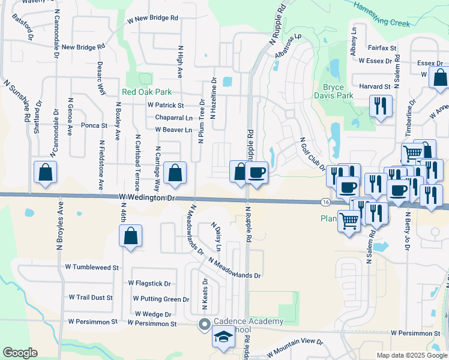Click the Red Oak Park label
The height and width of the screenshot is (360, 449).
tap(146, 92)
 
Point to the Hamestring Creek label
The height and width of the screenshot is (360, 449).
tap(381, 14)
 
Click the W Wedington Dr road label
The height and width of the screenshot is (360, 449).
tap(146, 197)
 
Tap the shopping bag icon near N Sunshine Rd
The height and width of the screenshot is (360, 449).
tap(46, 173)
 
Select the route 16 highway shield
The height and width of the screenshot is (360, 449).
tap(324, 202)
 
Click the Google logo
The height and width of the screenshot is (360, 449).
tap(20, 353)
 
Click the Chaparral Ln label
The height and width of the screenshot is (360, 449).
tap(173, 118)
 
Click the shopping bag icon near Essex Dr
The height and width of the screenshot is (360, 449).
tap(440, 78)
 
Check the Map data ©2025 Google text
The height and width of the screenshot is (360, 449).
tap(411, 355)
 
